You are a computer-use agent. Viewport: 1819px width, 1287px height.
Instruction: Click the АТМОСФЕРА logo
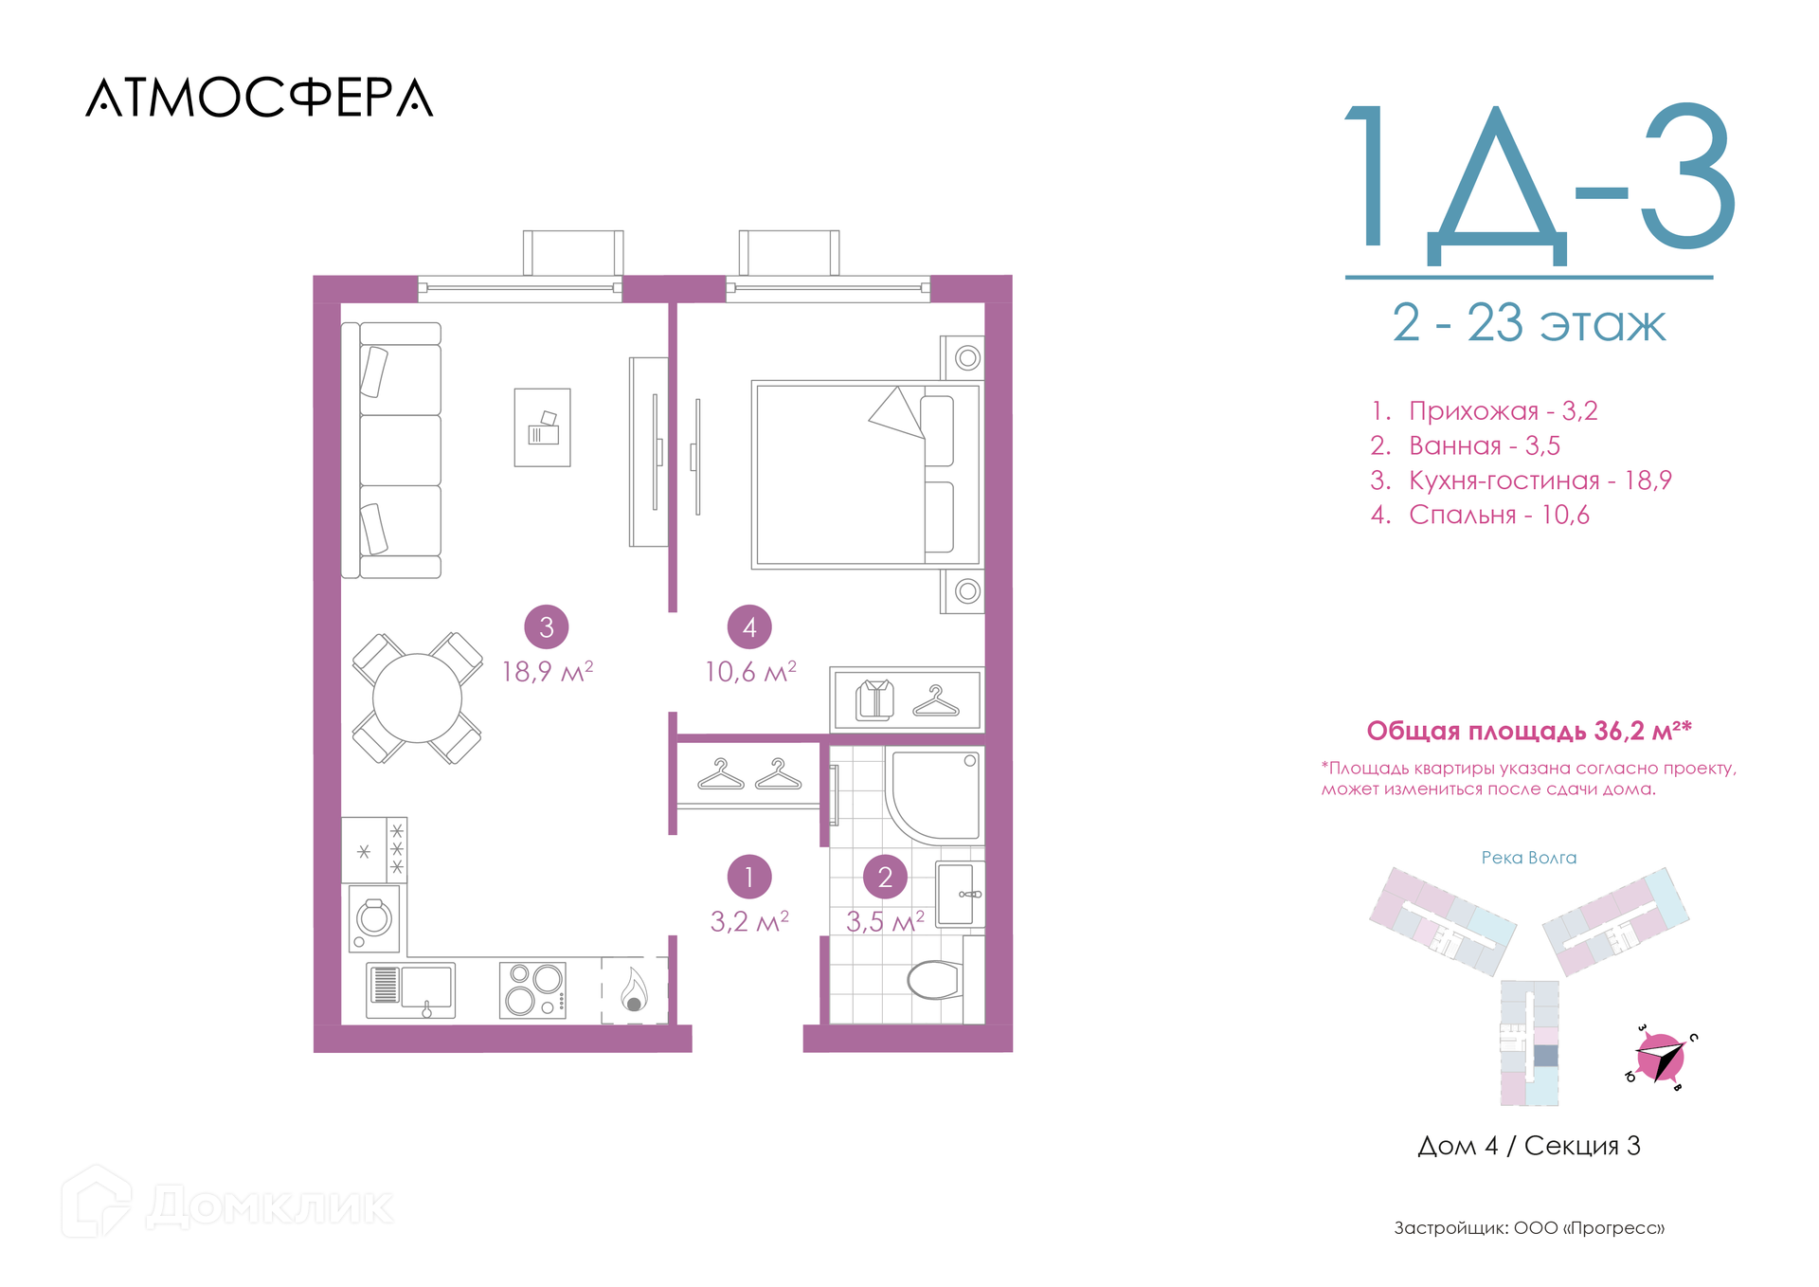[260, 98]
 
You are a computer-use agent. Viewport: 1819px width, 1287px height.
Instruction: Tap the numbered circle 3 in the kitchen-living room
[547, 626]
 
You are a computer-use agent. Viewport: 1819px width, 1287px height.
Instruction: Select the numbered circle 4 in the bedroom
[749, 626]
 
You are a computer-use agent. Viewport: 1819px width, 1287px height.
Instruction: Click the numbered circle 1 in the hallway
[749, 877]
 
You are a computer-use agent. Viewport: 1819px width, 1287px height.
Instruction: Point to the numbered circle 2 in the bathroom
[885, 877]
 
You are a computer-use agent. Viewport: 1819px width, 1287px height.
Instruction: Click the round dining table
[417, 698]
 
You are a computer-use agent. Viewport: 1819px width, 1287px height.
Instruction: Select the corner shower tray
[936, 794]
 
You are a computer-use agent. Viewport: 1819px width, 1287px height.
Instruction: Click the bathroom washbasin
[959, 894]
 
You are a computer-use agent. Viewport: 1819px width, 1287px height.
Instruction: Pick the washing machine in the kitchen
[373, 917]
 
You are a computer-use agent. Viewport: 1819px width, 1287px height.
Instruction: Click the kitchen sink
[411, 990]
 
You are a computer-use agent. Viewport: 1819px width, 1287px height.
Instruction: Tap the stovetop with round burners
[532, 990]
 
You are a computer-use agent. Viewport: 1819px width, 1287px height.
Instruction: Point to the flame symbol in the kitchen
[634, 989]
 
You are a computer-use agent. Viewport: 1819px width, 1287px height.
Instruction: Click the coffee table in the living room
[543, 427]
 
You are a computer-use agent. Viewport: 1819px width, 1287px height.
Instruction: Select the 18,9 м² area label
[548, 671]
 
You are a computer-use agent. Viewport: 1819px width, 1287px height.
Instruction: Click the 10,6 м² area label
[750, 671]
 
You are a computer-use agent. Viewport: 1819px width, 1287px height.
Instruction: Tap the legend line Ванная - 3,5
[1465, 445]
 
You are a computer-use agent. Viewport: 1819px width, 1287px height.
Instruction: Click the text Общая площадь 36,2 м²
[1528, 731]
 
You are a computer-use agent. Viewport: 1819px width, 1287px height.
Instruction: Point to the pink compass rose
[1660, 1058]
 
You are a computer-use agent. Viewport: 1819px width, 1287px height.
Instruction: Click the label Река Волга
[1529, 858]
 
